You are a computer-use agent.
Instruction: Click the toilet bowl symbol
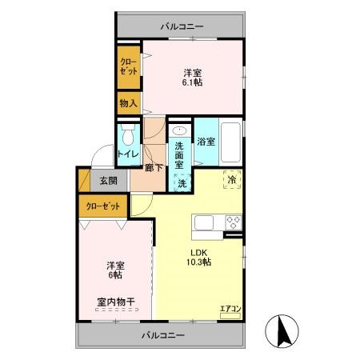pyautogui.click(x=128, y=135)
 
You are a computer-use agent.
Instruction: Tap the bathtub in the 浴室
pyautogui.click(x=230, y=142)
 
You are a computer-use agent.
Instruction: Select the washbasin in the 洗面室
pyautogui.click(x=179, y=130)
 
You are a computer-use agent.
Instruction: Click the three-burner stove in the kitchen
pyautogui.click(x=234, y=222)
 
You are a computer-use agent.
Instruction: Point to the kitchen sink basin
pyautogui.click(x=204, y=222)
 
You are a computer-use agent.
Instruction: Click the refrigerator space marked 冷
pyautogui.click(x=232, y=179)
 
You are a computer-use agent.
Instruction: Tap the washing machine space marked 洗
pyautogui.click(x=182, y=182)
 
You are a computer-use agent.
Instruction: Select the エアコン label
pyautogui.click(x=230, y=309)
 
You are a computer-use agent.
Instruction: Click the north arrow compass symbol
pyautogui.click(x=282, y=331)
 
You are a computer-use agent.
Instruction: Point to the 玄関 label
pyautogui.click(x=109, y=181)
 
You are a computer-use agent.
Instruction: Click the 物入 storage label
pyautogui.click(x=128, y=103)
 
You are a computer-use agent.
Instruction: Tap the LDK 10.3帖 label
pyautogui.click(x=198, y=258)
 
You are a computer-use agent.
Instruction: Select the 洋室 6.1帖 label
pyautogui.click(x=192, y=78)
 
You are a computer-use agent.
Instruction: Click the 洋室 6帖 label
pyautogui.click(x=115, y=270)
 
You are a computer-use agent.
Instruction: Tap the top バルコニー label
pyautogui.click(x=182, y=26)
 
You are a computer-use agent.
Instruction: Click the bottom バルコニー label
pyautogui.click(x=162, y=335)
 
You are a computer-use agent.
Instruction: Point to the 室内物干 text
pyautogui.click(x=116, y=302)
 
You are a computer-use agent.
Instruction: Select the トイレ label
pyautogui.click(x=128, y=154)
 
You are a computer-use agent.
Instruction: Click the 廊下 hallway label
pyautogui.click(x=154, y=168)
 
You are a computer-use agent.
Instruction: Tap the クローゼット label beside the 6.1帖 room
pyautogui.click(x=129, y=66)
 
